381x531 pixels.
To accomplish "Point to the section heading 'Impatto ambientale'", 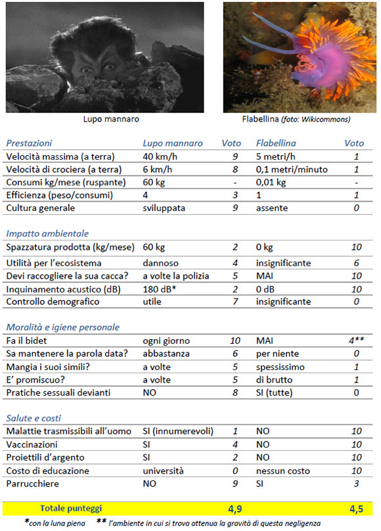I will (x=47, y=233).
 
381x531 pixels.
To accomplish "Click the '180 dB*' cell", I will (x=160, y=289).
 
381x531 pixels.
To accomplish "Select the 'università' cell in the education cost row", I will (x=164, y=471).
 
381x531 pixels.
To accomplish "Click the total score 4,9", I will (x=235, y=509).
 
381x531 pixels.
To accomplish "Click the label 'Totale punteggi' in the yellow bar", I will (x=72, y=509).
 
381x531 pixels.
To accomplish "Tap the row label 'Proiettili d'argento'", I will (x=47, y=457).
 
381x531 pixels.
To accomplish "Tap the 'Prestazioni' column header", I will (x=28, y=143).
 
